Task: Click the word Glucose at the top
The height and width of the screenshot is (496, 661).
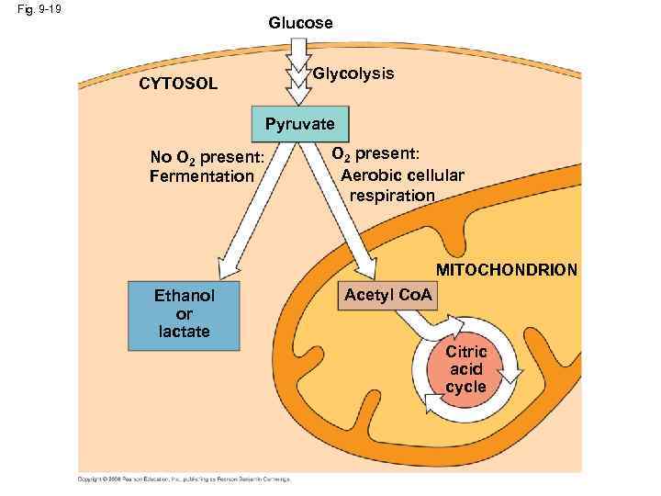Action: coord(300,22)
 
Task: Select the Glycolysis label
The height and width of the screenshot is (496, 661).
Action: coord(353,73)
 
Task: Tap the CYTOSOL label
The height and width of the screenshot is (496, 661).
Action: coord(178,85)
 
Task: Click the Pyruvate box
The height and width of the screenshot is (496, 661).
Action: coord(300,123)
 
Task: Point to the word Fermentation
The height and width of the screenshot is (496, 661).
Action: coord(201,175)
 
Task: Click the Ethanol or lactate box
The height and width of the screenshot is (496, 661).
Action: coord(184,314)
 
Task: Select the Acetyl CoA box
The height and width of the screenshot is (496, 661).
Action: coord(387,295)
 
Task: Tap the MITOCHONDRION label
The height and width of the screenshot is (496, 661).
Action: coord(507,270)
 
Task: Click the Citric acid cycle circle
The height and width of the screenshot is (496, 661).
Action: coord(465,369)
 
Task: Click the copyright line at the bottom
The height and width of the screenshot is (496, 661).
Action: coord(184,479)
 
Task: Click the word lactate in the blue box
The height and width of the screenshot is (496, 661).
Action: coord(184,332)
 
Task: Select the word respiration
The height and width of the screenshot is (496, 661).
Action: coord(392,195)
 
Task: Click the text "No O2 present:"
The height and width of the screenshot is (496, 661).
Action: coord(207,156)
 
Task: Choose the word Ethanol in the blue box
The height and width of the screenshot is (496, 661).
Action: coord(184,296)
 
